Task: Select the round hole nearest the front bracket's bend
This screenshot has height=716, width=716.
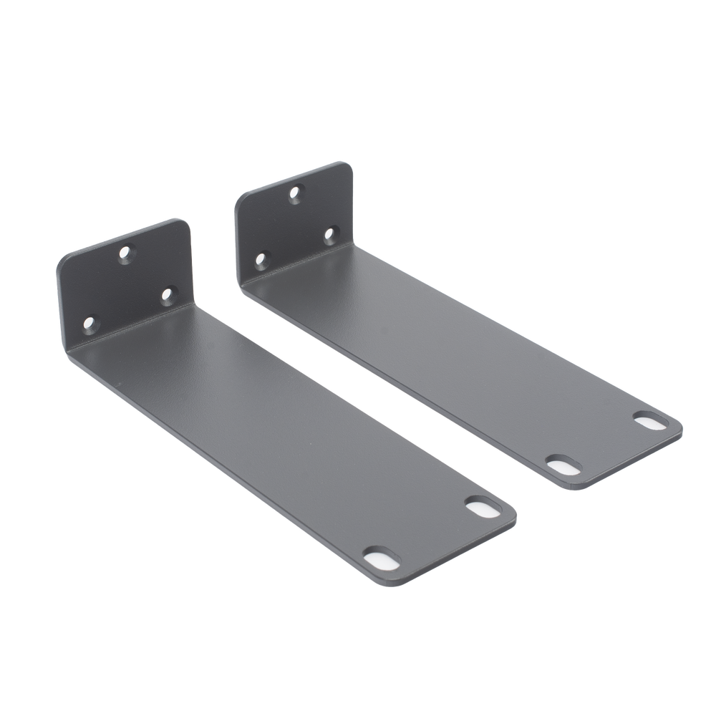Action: [x=168, y=294]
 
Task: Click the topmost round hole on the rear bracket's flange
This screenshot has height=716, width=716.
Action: [x=294, y=192]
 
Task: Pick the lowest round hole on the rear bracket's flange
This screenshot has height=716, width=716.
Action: [x=261, y=258]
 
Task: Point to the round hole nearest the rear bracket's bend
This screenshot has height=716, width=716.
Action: [x=330, y=233]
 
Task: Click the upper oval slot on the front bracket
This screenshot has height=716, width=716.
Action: [x=475, y=505]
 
